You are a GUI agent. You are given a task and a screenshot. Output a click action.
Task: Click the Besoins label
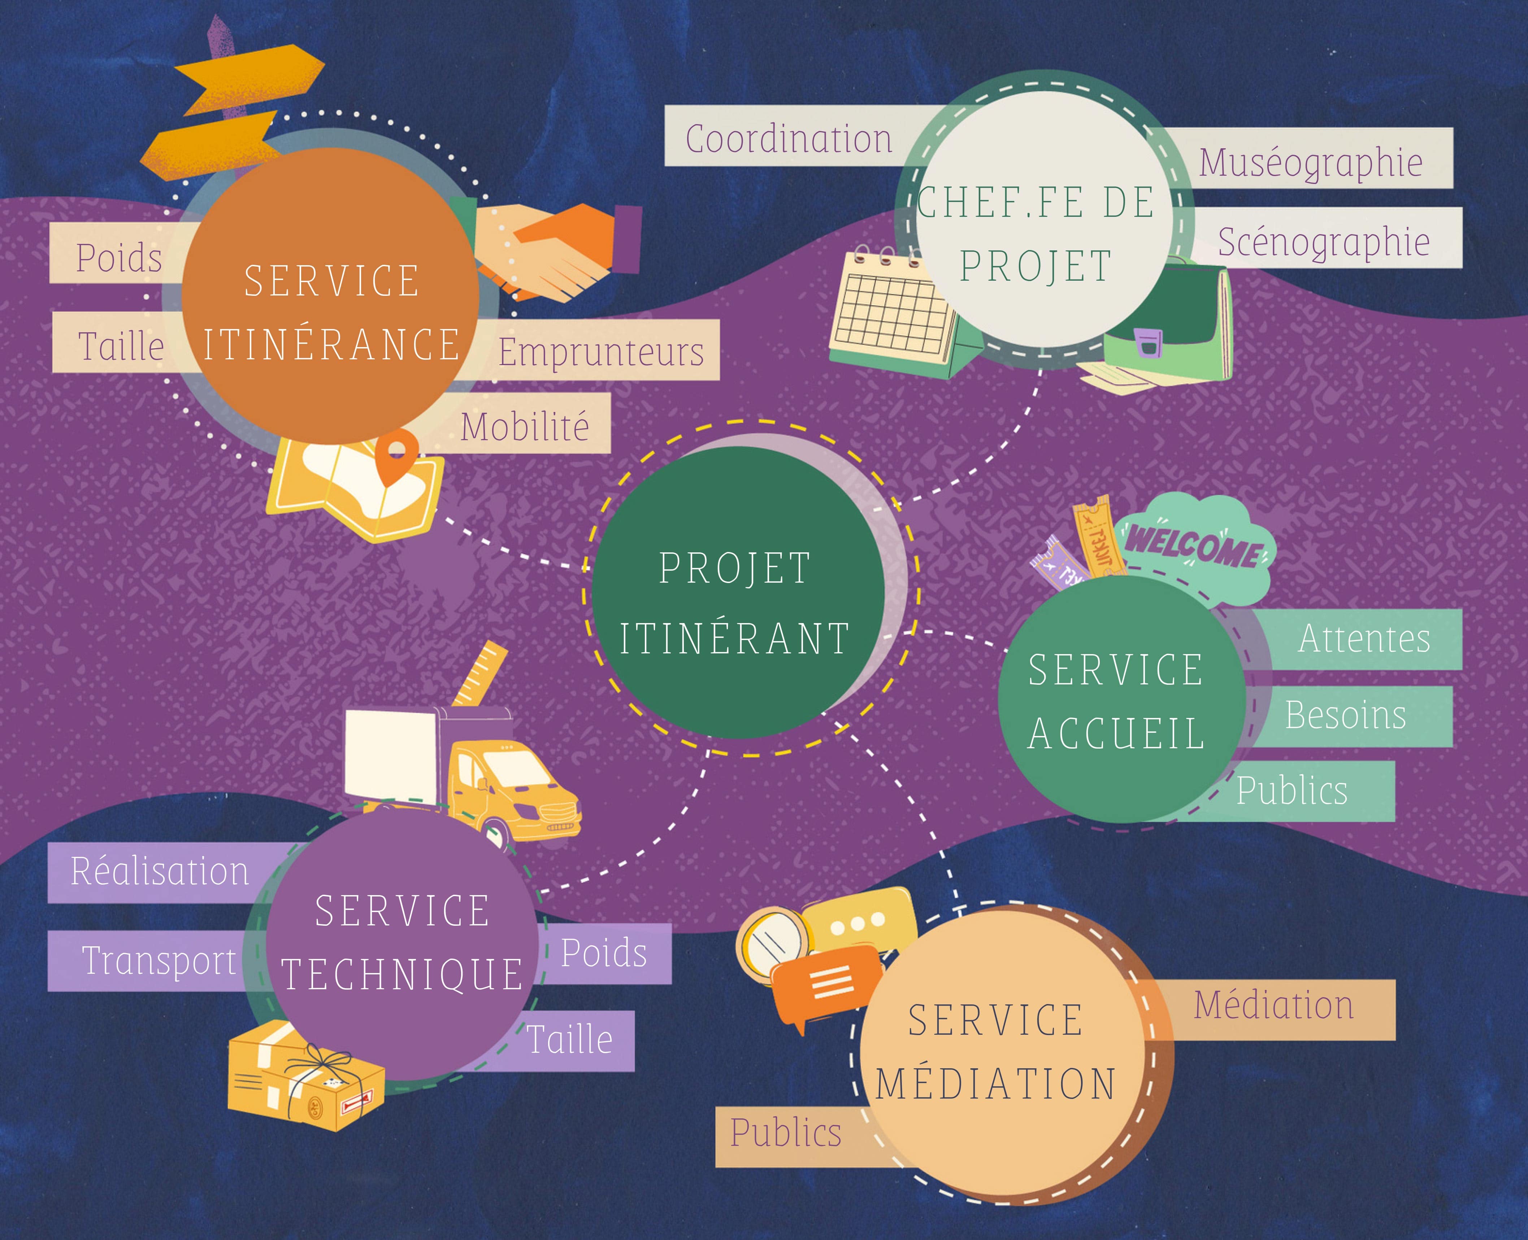coord(1345,715)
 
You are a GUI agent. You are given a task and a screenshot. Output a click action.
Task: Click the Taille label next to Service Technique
coord(570,1039)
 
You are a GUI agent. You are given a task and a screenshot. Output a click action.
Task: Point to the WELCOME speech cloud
coord(1195,543)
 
